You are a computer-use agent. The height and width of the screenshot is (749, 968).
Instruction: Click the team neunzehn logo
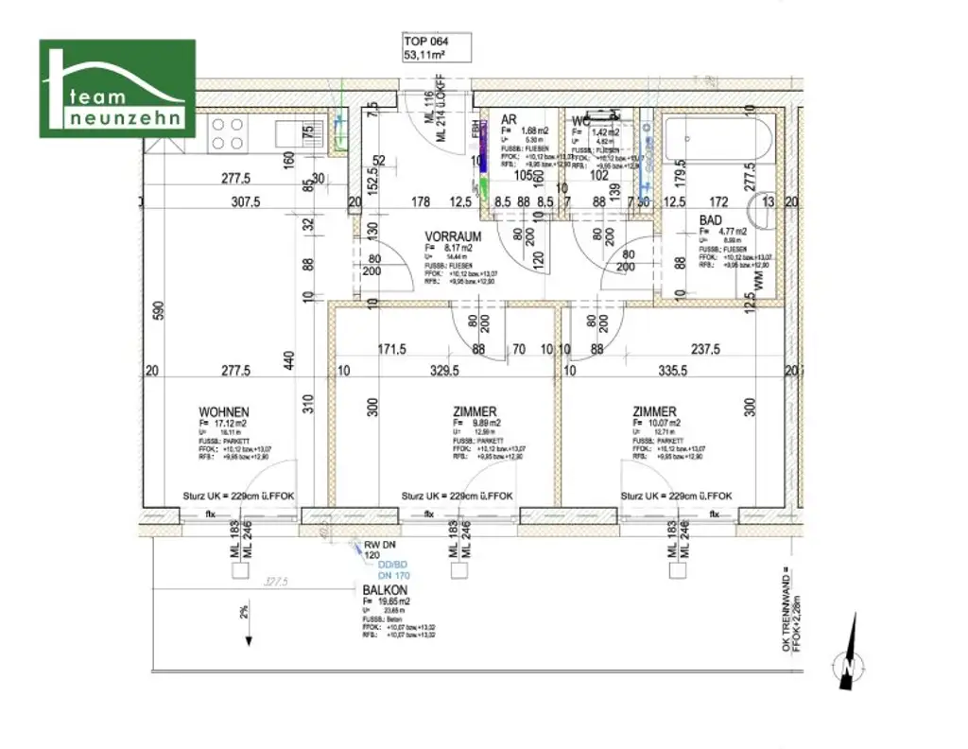[x=117, y=88]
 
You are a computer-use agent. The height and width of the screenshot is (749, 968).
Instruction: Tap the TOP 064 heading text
[x=425, y=42]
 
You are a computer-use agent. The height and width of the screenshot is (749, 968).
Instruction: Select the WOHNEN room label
[x=223, y=412]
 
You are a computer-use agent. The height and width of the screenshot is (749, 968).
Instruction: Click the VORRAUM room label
[x=454, y=236]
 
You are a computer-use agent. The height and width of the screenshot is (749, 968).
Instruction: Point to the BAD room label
[x=710, y=219]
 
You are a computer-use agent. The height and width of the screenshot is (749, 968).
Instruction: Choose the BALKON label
[x=384, y=588]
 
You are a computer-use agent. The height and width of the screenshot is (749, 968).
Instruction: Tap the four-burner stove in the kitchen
[x=228, y=133]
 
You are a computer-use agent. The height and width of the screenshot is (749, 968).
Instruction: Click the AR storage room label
[x=509, y=119]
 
